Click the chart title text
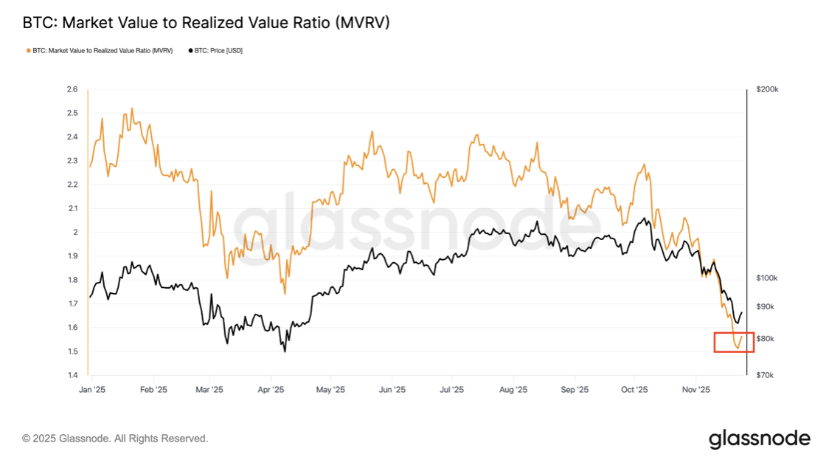(x=206, y=23)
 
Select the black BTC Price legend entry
(x=217, y=51)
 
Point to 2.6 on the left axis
(x=72, y=89)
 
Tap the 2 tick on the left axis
(x=74, y=232)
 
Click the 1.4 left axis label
(x=72, y=375)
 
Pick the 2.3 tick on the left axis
(x=72, y=161)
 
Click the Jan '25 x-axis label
(x=93, y=389)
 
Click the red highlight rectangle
(x=734, y=342)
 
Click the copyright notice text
(x=115, y=439)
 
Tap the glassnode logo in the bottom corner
(x=760, y=439)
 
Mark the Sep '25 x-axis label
(x=575, y=389)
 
